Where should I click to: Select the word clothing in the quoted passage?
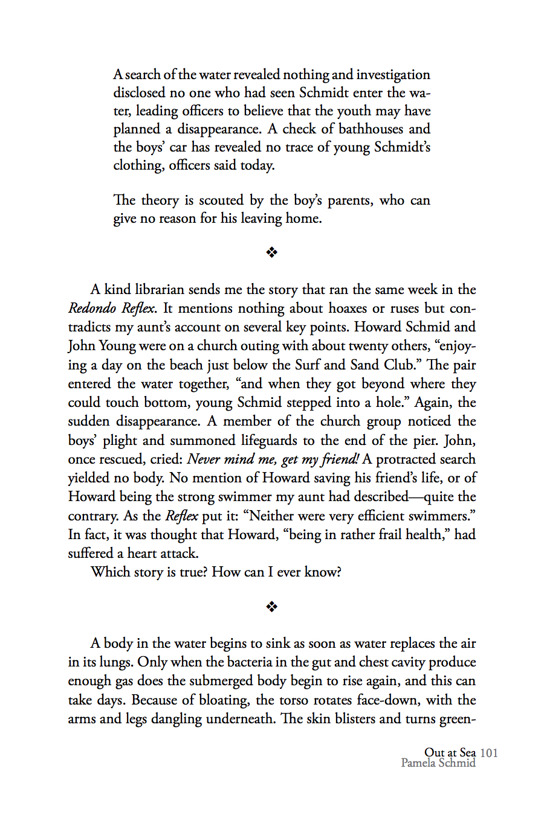[x=138, y=165]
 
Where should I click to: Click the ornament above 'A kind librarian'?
[x=272, y=252]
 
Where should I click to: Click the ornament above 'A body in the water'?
[x=272, y=607]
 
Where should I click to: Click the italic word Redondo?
[x=92, y=308]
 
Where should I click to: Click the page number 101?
[x=488, y=752]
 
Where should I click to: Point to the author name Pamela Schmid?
[x=438, y=763]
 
